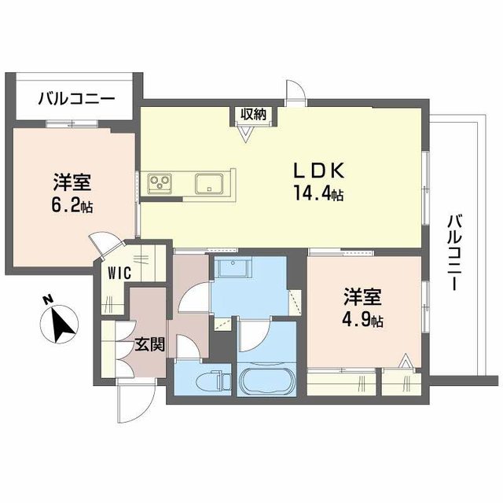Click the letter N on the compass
(47, 299)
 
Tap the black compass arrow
(59, 322)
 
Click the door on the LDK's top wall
(296, 91)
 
